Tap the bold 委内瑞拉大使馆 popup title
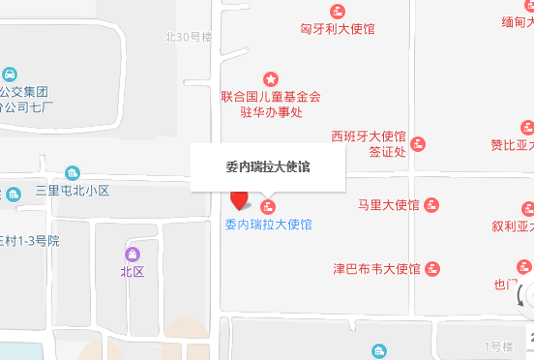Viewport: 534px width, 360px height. pos(268,166)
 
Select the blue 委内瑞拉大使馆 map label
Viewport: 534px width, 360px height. pos(268,225)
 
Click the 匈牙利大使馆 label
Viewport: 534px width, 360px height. pos(338,29)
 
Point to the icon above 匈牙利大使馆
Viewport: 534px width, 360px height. pos(338,12)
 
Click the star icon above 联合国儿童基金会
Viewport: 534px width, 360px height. pos(271,78)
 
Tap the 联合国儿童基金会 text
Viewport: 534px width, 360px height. pos(271,97)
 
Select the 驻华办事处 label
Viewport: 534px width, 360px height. pos(271,112)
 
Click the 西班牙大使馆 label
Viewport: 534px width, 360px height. pos(369,136)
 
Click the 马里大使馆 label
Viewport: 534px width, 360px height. pos(388,205)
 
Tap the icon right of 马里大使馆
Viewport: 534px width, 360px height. pos(431,205)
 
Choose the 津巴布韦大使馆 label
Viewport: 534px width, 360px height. pos(376,268)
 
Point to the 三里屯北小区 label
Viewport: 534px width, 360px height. pos(73,190)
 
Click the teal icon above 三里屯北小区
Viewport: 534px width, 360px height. pos(74,172)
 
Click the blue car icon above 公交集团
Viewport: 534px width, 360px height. pos(10,75)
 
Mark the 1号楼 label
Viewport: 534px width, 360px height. pos(498,346)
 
